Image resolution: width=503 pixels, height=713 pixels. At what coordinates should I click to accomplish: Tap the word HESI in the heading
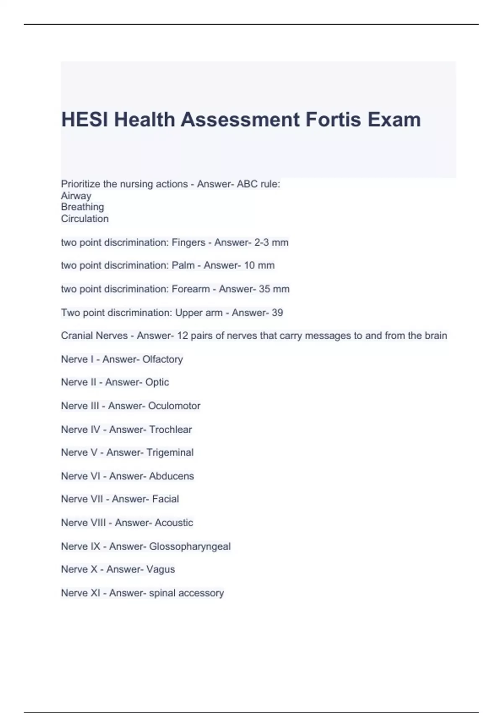[85, 120]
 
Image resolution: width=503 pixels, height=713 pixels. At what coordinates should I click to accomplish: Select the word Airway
[76, 196]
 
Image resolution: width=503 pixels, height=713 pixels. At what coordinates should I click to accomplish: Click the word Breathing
[83, 207]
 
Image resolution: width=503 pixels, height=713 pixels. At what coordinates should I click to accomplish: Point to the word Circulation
[85, 219]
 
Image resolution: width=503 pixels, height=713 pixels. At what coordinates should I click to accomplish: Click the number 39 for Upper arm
[277, 312]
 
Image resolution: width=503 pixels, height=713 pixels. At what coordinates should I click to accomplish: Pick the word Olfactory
[163, 359]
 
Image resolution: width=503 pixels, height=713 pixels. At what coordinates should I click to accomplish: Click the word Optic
[157, 382]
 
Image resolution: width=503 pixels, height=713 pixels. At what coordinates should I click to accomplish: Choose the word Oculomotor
[174, 406]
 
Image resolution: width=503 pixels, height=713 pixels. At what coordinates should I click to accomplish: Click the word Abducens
[171, 476]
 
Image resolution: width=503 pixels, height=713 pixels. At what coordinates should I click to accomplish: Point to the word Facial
[166, 499]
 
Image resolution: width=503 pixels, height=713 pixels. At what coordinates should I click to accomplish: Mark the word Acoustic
[174, 523]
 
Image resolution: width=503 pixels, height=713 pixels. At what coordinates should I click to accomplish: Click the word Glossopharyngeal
[190, 546]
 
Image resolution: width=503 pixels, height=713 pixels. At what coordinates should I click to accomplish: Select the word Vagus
[161, 570]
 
